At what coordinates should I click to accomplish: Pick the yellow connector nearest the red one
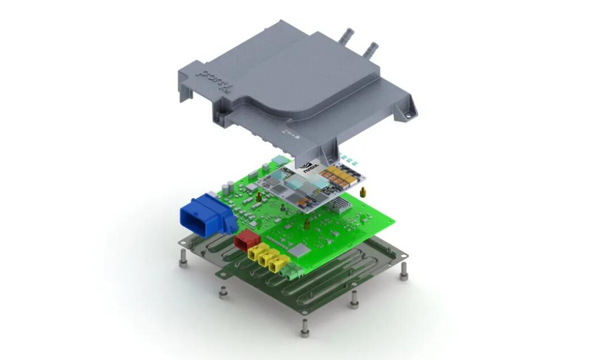(254, 252)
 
